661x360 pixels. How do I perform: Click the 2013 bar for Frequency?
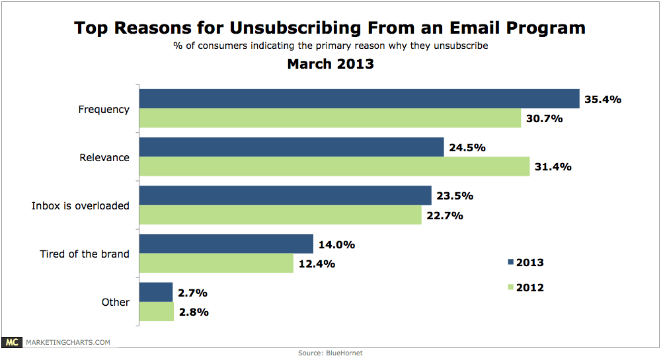[359, 98]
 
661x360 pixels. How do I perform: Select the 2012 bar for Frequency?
[330, 118]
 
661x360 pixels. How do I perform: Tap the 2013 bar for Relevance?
[291, 147]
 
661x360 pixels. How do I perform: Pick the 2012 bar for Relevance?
[334, 166]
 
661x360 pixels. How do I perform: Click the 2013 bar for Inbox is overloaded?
[285, 196]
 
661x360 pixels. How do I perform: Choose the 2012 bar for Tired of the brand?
[216, 264]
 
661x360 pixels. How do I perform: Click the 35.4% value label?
[603, 100]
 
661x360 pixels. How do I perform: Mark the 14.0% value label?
[336, 244]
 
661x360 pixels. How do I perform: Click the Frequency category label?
[104, 110]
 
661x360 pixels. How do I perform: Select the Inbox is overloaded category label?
[81, 205]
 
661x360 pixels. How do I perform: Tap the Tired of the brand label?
[85, 254]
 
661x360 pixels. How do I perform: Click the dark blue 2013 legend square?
[510, 262]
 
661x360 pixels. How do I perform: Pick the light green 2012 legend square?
[510, 287]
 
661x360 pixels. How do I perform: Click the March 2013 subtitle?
[330, 64]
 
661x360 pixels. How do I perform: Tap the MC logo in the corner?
[11, 342]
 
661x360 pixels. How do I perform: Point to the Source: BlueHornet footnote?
[330, 353]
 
